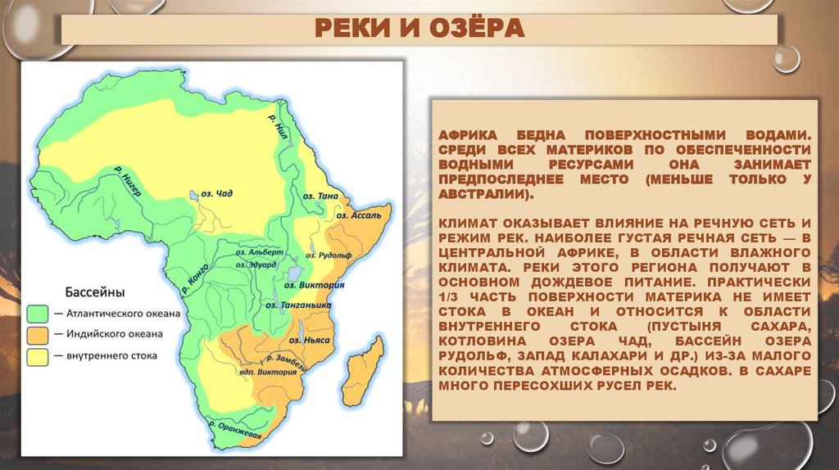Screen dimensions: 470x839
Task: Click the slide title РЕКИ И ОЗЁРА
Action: pyautogui.click(x=419, y=29)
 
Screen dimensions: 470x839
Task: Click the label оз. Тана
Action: pyautogui.click(x=320, y=197)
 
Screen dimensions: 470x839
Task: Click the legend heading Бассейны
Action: pyautogui.click(x=95, y=291)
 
